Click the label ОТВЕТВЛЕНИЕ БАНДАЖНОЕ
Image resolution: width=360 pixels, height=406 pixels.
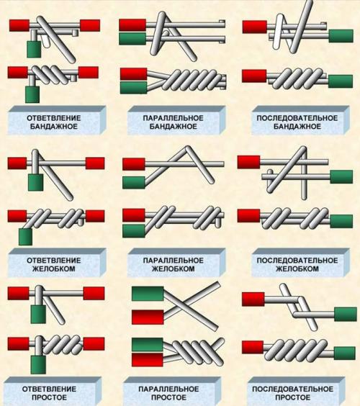click(54, 122)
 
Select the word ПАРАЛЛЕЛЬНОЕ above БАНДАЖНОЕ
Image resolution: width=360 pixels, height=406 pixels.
click(174, 118)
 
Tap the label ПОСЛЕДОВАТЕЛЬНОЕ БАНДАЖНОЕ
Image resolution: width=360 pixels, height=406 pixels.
click(297, 122)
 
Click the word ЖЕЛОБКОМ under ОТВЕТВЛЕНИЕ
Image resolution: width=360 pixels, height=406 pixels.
click(54, 269)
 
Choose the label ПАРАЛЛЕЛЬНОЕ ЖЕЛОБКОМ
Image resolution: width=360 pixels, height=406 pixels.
click(174, 264)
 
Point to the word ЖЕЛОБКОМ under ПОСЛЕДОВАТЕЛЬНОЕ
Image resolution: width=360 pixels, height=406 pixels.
click(297, 269)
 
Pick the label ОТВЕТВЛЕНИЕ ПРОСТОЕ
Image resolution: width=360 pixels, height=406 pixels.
click(49, 393)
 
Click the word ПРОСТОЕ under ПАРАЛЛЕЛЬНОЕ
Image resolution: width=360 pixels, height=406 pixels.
click(168, 397)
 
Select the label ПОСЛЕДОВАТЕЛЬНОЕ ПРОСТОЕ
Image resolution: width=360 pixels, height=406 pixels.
click(292, 393)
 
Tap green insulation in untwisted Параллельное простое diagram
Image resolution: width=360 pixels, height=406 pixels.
click(148, 294)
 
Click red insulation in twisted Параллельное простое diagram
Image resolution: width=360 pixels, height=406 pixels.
click(148, 360)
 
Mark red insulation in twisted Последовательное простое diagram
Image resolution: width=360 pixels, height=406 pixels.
click(253, 347)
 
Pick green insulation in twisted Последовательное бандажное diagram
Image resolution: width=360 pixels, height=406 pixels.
click(341, 81)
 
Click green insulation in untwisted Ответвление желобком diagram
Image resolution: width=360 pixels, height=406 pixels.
click(36, 183)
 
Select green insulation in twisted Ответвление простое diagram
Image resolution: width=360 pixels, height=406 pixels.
click(38, 364)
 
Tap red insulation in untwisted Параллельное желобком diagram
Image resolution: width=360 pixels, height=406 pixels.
click(134, 164)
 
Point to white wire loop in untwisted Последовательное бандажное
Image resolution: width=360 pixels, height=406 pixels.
click(279, 32)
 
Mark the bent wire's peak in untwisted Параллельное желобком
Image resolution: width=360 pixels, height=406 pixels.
click(188, 149)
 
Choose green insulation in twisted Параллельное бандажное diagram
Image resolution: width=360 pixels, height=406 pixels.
click(134, 88)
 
